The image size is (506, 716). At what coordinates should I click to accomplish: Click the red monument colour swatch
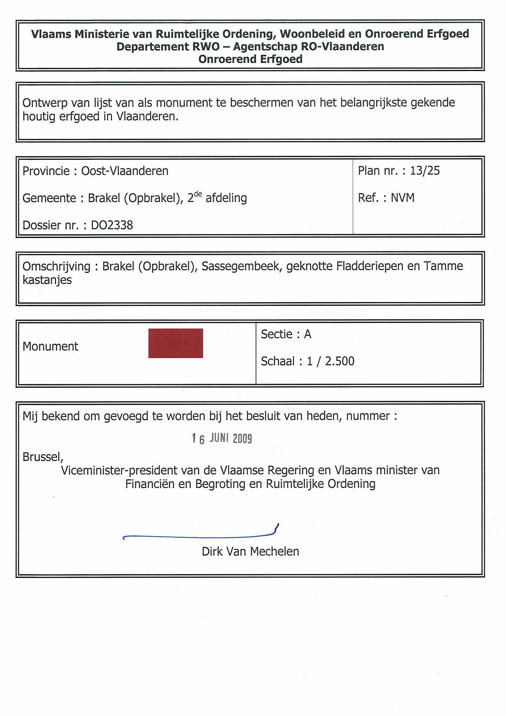(176, 343)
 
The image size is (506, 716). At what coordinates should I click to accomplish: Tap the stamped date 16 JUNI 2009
(222, 438)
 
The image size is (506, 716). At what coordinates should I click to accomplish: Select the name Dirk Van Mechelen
(250, 552)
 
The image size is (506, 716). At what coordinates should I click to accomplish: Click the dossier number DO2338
(112, 225)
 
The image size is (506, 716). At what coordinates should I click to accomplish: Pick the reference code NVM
(403, 198)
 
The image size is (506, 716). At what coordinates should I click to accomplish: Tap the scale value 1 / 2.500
(330, 361)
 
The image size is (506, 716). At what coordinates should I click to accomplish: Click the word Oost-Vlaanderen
(125, 171)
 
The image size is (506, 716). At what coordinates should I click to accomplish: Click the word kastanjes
(47, 280)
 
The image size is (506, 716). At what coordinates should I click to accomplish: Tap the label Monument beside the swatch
(50, 346)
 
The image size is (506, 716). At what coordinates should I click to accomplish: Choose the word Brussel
(43, 457)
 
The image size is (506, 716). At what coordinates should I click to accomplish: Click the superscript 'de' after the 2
(198, 194)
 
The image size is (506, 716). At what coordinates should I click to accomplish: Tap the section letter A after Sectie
(307, 334)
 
